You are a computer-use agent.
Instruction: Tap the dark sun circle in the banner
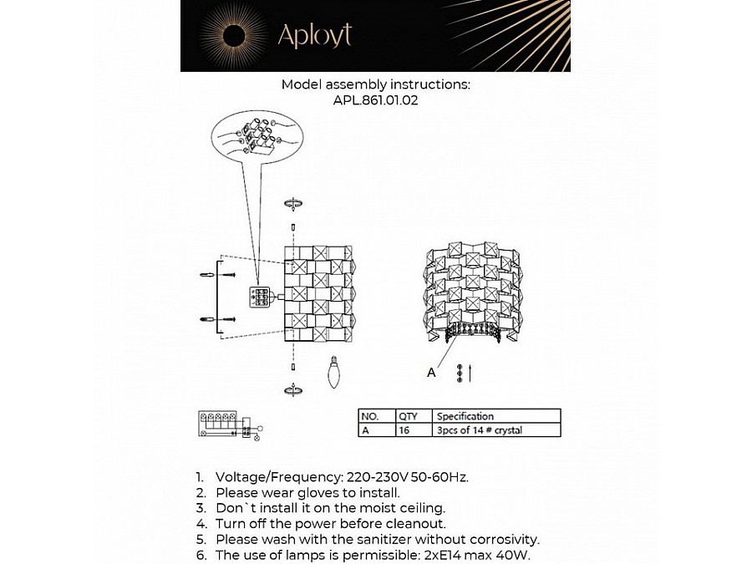pos(233,36)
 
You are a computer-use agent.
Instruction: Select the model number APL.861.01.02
pos(375,100)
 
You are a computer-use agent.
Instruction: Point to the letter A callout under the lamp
pos(431,373)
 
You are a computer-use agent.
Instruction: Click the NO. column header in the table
pos(369,416)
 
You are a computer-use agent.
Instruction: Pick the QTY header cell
pos(408,416)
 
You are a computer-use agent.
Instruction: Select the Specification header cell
pos(465,416)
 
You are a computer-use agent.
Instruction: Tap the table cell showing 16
pos(405,430)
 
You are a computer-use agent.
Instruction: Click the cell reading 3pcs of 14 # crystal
pos(479,430)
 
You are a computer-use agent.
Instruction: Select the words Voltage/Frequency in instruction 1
pos(278,477)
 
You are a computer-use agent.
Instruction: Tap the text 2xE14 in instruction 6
pos(444,555)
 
